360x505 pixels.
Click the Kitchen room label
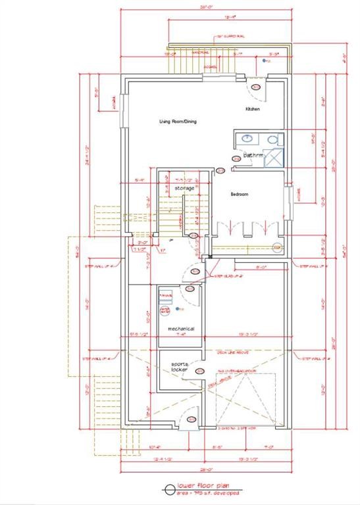pyautogui.click(x=253, y=108)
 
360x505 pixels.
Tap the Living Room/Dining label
pyautogui.click(x=178, y=121)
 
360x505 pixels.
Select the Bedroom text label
pyautogui.click(x=239, y=194)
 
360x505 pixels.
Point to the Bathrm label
pyautogui.click(x=253, y=155)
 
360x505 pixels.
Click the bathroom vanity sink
pyautogui.click(x=247, y=139)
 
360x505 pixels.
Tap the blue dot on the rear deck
pyautogui.click(x=265, y=60)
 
